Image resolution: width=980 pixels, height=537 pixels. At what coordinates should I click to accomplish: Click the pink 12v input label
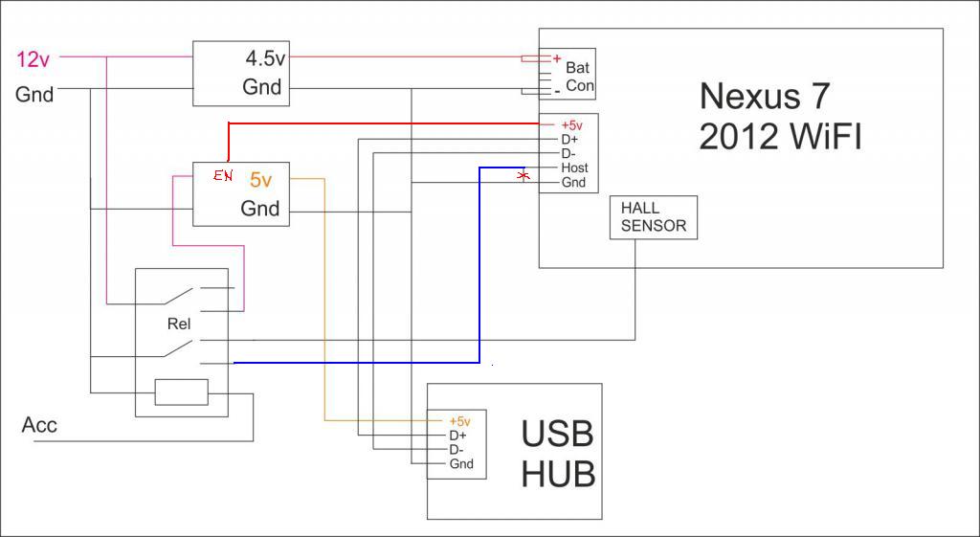point(33,59)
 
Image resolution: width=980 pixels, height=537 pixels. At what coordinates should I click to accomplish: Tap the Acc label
point(39,425)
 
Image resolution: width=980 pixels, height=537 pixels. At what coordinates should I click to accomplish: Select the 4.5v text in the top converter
point(265,58)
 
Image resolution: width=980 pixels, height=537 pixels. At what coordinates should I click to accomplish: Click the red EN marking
point(222,176)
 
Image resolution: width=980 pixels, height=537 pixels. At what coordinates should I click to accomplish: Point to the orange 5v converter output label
point(261,179)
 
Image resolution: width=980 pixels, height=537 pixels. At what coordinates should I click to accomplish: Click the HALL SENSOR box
point(654,217)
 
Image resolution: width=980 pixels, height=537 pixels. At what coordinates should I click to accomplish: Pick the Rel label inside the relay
point(179,324)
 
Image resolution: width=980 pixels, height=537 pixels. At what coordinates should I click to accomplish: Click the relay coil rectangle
point(181,392)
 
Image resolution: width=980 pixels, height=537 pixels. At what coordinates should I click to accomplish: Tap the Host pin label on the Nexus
point(574,168)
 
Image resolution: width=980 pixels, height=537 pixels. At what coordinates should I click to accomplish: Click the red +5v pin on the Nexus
point(571,125)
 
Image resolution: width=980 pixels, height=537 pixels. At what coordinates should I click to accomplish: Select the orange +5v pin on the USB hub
point(459,421)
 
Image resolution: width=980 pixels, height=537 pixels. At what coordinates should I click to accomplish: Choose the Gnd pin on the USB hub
point(461,464)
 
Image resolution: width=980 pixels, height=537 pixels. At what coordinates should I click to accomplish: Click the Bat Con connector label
point(578,77)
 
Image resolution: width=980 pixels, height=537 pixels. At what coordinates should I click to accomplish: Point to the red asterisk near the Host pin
point(523,176)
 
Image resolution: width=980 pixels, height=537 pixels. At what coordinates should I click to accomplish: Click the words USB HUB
point(559,454)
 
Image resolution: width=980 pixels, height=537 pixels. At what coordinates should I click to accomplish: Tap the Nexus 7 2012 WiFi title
point(779,116)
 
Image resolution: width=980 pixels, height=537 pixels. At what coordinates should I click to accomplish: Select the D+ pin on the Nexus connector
point(568,140)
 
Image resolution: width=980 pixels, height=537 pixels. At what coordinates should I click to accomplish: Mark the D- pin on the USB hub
point(457,450)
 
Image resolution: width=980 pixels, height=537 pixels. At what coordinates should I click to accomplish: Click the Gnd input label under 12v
point(34,94)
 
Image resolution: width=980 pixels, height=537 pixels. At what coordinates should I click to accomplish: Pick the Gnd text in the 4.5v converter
point(261,87)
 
